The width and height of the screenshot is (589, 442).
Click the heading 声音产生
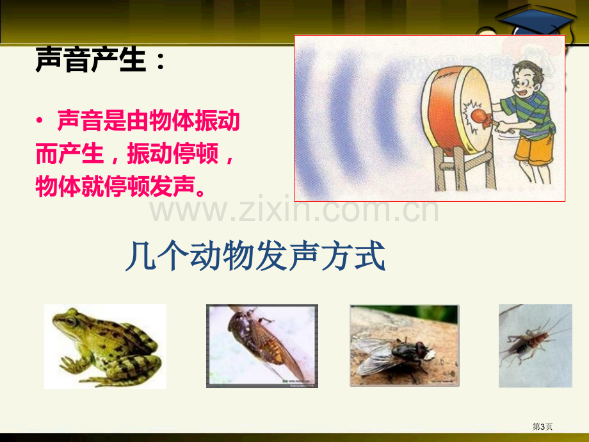(90, 60)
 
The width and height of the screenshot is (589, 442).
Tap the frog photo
(105, 346)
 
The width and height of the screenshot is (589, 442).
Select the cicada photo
(262, 346)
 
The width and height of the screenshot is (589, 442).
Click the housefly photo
(404, 346)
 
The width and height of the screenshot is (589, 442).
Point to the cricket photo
(535, 346)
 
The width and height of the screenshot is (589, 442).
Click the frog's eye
(70, 321)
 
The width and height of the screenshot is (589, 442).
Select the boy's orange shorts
(533, 149)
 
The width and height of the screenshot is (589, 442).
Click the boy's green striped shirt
(530, 113)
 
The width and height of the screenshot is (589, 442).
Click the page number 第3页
(542, 427)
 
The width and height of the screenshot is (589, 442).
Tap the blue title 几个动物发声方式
(255, 256)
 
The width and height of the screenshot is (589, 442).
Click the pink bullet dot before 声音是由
(40, 120)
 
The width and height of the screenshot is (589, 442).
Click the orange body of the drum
(444, 111)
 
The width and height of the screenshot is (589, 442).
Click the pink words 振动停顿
(172, 153)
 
